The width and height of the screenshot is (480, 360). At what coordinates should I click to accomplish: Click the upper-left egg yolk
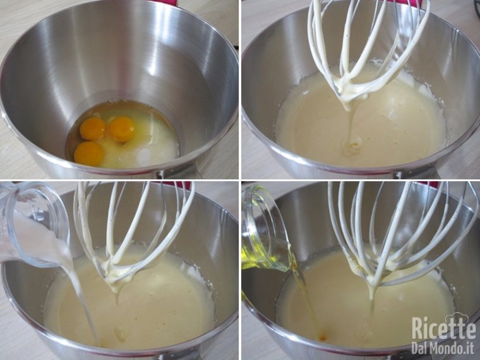[x=93, y=128]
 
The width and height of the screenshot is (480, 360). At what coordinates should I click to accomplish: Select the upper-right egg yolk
[x=121, y=129]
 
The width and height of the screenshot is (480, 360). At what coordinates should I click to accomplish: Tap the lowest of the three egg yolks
[x=89, y=153]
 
